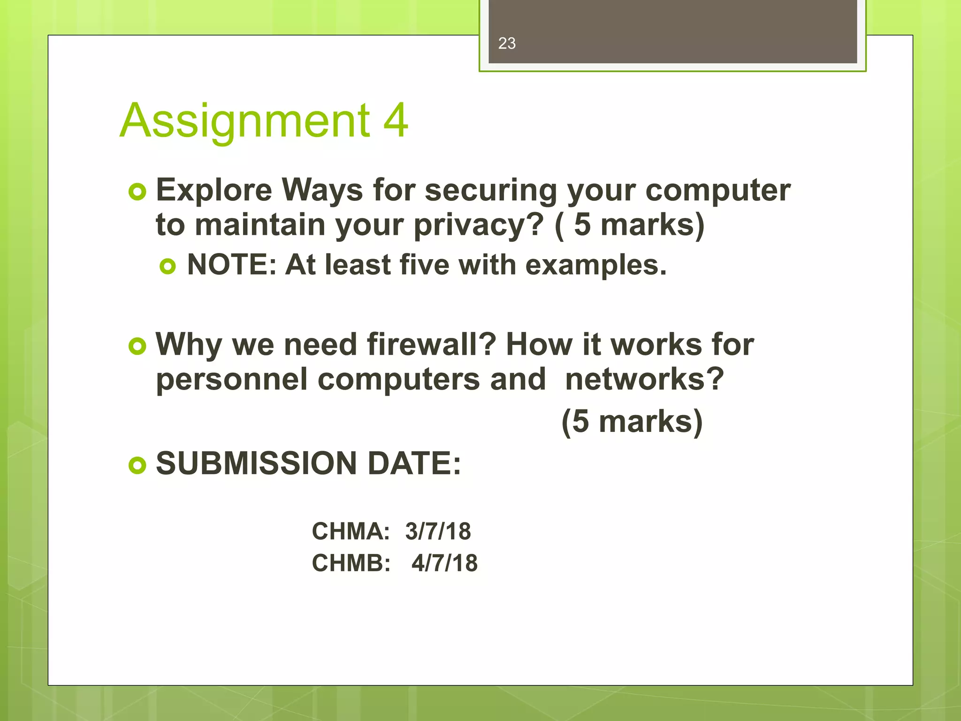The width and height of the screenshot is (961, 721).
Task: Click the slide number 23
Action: click(507, 44)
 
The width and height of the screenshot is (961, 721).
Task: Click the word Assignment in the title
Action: click(245, 121)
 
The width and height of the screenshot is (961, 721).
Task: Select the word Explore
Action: click(214, 190)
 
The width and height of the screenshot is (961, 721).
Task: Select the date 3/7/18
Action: click(438, 531)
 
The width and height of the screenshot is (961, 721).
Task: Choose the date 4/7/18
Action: click(444, 563)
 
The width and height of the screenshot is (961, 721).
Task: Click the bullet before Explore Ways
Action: click(137, 192)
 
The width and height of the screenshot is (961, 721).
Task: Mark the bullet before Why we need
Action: click(137, 346)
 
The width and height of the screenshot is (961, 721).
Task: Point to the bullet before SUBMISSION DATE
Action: click(137, 465)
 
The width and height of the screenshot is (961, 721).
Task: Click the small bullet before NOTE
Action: click(168, 267)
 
